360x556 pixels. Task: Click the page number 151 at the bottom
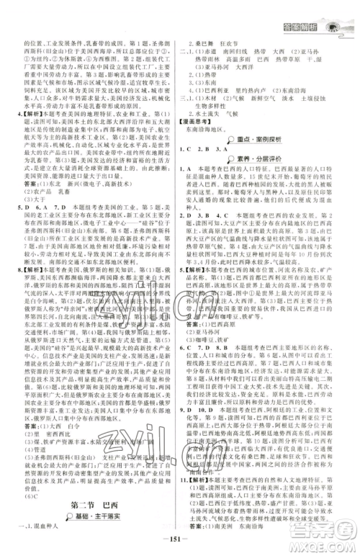click(180, 540)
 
